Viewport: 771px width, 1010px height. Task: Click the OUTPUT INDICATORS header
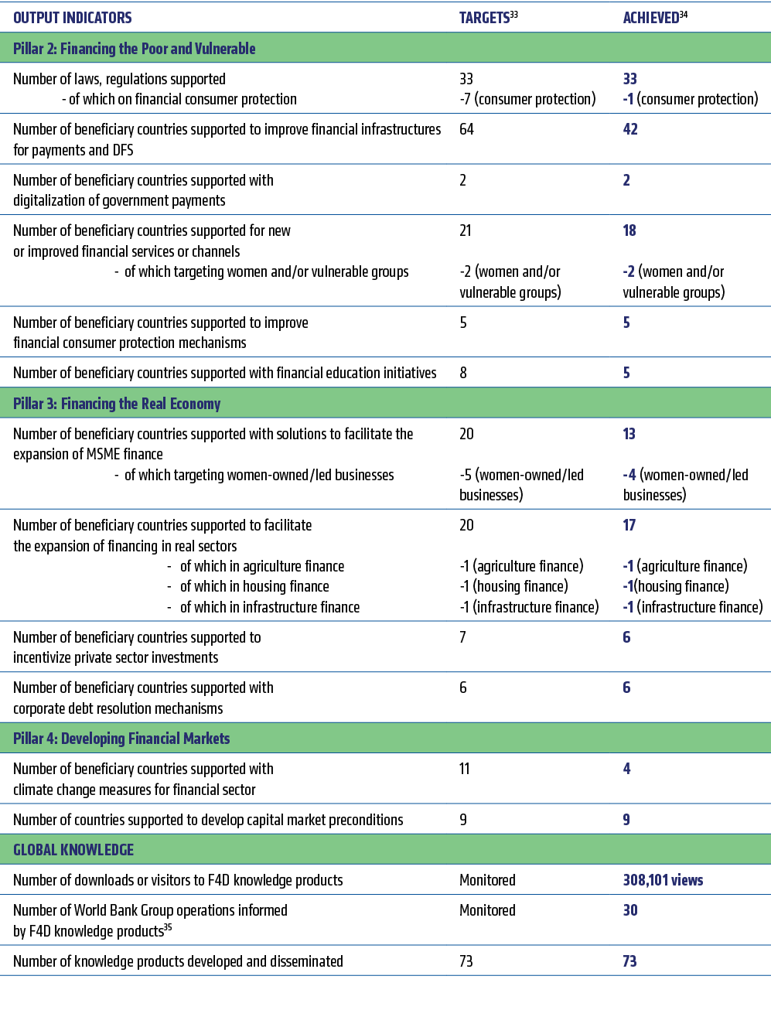point(73,17)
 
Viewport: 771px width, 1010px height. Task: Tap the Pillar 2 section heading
point(135,49)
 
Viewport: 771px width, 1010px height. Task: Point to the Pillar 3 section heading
point(117,404)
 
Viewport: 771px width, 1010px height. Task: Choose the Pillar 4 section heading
point(121,739)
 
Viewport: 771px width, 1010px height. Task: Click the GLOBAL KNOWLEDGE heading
point(73,850)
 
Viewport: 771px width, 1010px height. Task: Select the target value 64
point(466,129)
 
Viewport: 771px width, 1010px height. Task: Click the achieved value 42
point(630,129)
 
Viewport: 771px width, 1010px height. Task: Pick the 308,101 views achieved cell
point(663,880)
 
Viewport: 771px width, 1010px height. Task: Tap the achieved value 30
point(630,910)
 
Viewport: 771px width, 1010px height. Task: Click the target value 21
point(465,230)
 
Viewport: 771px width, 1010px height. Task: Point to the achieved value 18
point(629,230)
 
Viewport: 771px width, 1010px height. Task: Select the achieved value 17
point(629,525)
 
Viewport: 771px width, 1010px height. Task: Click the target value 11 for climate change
point(464,769)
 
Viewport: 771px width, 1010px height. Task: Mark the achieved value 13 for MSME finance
point(629,434)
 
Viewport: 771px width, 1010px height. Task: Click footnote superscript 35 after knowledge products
point(168,927)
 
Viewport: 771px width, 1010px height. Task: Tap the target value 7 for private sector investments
point(462,637)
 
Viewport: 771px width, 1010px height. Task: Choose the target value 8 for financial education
point(463,373)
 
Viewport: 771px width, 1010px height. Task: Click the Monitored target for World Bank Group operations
point(487,910)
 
